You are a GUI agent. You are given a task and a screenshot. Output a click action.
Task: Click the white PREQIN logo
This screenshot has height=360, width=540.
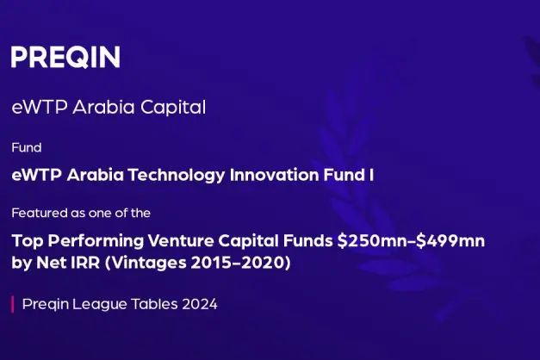[65, 57]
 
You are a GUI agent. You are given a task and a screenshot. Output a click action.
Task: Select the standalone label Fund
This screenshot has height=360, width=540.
[27, 147]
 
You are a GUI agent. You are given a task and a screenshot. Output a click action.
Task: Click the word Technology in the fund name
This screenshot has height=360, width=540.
[177, 176]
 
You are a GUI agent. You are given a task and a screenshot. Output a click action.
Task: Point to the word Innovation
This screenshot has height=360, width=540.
[275, 175]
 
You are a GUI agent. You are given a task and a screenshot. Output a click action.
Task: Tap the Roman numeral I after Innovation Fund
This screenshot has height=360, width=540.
[371, 175]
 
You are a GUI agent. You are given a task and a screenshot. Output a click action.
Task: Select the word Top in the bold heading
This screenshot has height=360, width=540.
[28, 241]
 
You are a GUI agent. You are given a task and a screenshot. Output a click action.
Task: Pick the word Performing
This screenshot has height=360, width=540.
[96, 241]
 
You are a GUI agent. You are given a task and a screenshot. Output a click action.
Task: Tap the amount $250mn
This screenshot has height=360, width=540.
[372, 241]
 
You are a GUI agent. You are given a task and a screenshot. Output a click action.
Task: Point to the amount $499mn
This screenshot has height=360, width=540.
[450, 241]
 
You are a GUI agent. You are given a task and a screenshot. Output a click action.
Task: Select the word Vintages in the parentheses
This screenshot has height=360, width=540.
[148, 264]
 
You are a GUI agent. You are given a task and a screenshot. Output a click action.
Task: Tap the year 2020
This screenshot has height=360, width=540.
[263, 263]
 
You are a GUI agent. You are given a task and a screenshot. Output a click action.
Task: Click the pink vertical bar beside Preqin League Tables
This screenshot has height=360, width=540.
[13, 304]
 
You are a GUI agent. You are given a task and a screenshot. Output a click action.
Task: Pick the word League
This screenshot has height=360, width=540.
[99, 305]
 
